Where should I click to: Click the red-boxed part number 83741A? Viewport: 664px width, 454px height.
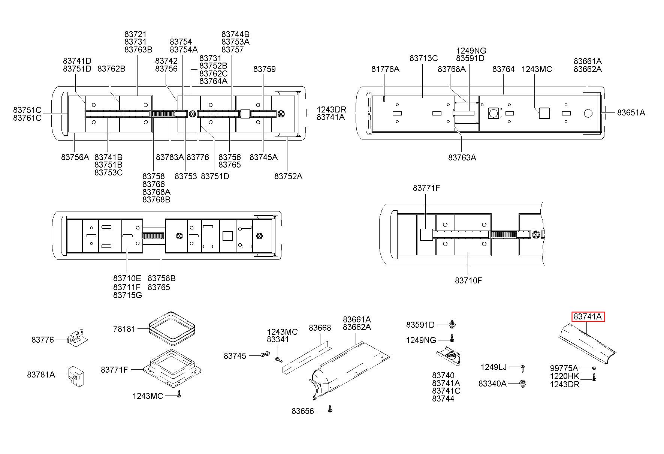pos(588,317)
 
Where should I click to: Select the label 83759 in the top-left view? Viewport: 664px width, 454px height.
pos(264,69)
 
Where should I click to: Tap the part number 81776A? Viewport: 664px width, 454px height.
pos(385,69)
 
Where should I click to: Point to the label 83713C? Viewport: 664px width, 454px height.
pos(423,58)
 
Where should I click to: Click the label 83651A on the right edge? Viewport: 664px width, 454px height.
pos(631,112)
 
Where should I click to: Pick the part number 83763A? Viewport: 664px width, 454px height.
pos(462,157)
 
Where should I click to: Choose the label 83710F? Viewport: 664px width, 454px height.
pos(468,280)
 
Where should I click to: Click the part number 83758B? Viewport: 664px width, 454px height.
pos(162,278)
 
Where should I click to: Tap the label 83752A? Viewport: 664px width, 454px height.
pos(288,176)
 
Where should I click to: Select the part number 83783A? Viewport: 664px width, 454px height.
pos(170,157)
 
